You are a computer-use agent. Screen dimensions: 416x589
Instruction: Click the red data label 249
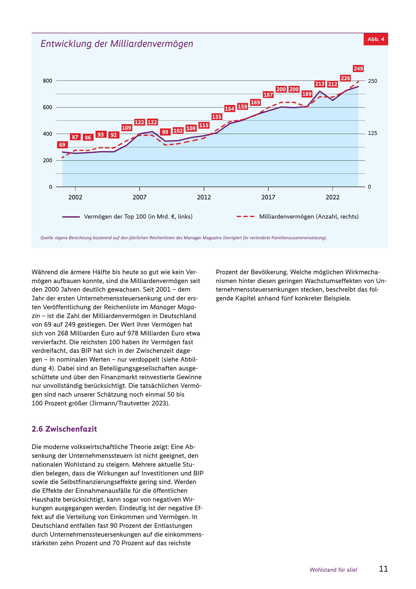[358, 69]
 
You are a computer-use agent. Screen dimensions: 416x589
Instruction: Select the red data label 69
[62, 145]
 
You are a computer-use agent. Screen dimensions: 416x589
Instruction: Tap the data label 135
[217, 117]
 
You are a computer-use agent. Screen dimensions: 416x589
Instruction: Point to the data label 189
[307, 94]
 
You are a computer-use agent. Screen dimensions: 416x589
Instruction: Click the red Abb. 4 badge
[375, 39]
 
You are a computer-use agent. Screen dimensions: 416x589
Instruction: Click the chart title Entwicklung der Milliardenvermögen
[117, 44]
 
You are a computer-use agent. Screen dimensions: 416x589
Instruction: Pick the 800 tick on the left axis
[47, 81]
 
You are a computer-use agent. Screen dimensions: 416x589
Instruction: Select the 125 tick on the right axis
[373, 133]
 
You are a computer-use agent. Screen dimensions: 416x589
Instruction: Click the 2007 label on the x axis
[140, 197]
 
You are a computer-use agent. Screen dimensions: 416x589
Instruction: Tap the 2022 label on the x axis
[333, 197]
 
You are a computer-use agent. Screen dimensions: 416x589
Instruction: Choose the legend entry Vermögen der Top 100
[138, 217]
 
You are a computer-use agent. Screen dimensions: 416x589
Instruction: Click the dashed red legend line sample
[245, 217]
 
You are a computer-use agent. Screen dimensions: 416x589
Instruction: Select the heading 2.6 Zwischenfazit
[64, 429]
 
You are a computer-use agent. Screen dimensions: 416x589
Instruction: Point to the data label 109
[126, 128]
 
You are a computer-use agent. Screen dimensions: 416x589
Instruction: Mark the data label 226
[345, 78]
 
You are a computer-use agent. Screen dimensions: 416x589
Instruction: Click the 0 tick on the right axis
[369, 187]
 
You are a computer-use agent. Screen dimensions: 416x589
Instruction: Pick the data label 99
[165, 132]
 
